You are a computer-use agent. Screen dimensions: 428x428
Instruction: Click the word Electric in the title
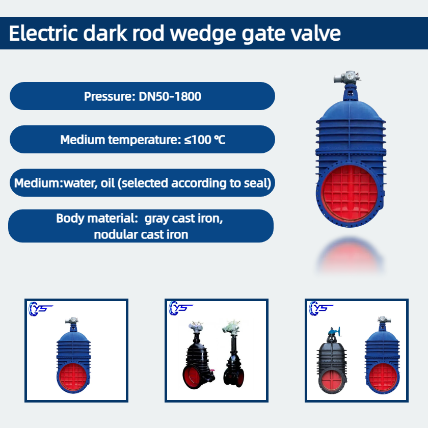point(43,33)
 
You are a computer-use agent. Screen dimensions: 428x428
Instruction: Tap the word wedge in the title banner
point(204,34)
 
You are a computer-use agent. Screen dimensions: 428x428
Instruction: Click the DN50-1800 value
point(170,96)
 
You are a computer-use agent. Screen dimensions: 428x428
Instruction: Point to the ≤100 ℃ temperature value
point(205,140)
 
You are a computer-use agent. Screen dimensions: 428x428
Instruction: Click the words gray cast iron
point(183,219)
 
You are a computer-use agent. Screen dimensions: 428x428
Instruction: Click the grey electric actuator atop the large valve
point(347,77)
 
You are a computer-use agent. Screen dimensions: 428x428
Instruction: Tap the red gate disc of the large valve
point(350,193)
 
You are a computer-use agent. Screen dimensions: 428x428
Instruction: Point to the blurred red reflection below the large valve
point(351,256)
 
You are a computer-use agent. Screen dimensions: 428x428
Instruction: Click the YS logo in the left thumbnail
point(40,309)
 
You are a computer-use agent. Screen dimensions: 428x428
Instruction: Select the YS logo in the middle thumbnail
point(181,308)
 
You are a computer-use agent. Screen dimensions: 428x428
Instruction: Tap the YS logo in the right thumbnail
point(321,308)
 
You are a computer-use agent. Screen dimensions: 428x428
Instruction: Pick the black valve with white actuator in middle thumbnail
point(234,354)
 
